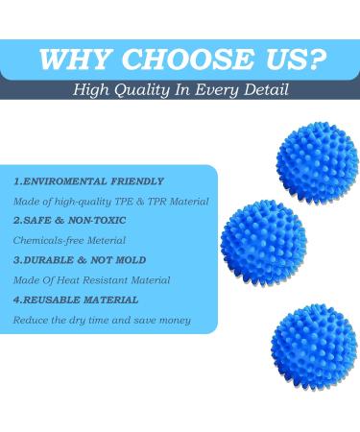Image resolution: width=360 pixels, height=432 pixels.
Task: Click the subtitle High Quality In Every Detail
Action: pyautogui.click(x=180, y=90)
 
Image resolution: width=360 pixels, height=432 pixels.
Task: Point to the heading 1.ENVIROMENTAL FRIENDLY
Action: pyautogui.click(x=88, y=180)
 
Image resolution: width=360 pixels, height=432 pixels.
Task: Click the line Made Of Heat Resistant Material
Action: pyautogui.click(x=91, y=279)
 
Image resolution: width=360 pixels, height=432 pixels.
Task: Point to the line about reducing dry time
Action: pyautogui.click(x=102, y=319)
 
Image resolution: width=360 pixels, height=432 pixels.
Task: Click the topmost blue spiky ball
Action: pyautogui.click(x=316, y=160)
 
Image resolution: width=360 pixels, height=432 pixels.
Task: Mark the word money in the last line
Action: pyautogui.click(x=174, y=319)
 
